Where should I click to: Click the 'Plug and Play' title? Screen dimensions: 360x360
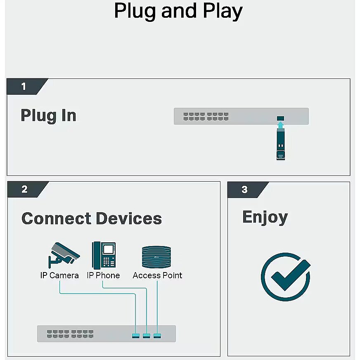178,11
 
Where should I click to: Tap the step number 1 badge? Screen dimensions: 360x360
25,87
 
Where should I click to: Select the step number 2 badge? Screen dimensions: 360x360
26,189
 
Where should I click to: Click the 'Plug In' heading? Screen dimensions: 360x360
48,116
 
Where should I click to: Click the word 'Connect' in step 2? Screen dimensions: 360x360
56,218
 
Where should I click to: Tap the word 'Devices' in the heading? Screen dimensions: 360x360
129,218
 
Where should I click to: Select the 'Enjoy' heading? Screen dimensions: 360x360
265,218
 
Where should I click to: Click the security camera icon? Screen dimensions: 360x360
64,255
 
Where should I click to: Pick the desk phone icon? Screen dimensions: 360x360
104,255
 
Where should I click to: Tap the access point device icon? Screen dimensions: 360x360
156,257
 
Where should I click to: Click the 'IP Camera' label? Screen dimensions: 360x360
59,275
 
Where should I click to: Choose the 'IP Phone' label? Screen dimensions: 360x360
103,275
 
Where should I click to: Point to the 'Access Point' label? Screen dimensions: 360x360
158,275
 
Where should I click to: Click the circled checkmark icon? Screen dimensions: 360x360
286,277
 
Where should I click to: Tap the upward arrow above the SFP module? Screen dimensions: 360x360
280,125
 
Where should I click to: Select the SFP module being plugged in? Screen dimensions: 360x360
281,144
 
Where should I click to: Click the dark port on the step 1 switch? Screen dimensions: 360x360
280,118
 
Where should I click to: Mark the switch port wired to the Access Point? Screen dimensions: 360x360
157,336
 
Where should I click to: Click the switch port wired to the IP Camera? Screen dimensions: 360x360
136,336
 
